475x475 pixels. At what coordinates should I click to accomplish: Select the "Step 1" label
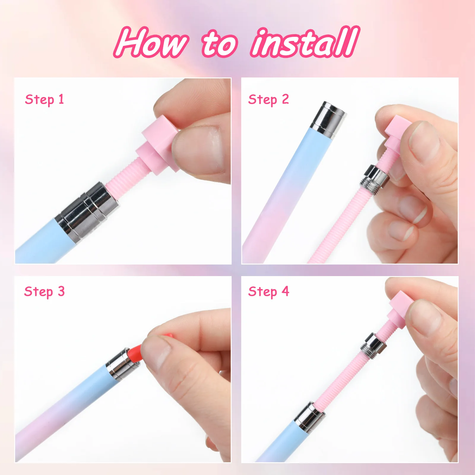[45, 99]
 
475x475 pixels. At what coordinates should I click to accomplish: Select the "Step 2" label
[268, 99]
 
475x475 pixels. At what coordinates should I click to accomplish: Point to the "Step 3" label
[45, 292]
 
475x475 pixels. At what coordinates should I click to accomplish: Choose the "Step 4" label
[268, 292]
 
